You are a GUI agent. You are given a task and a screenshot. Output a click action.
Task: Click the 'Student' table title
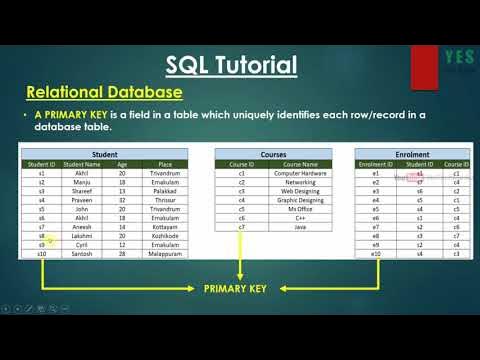[103, 155]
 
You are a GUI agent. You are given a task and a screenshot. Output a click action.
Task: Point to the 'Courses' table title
[273, 155]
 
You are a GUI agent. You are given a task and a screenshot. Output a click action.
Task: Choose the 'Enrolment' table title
[412, 155]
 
